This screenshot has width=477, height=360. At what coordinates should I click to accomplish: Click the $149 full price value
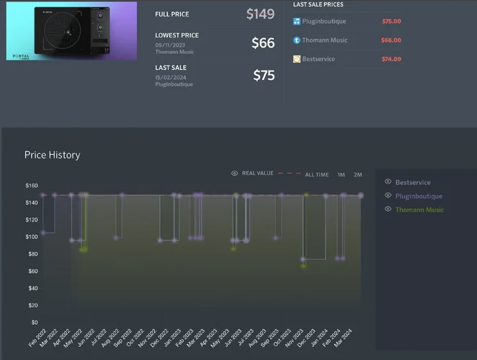tap(260, 14)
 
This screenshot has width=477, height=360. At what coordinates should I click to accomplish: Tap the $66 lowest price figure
tap(263, 43)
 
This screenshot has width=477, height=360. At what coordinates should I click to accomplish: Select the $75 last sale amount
tap(264, 75)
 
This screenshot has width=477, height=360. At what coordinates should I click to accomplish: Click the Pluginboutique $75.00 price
tap(391, 22)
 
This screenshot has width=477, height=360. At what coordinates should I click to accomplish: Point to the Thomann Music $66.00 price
tap(391, 40)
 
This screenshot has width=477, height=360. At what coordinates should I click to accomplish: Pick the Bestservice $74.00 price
tap(391, 59)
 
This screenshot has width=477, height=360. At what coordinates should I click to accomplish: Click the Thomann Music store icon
tap(297, 40)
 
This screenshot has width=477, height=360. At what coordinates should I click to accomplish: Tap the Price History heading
tap(52, 155)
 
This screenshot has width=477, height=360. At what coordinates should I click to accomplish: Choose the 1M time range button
tap(341, 174)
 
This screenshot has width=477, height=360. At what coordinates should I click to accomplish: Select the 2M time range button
tap(357, 174)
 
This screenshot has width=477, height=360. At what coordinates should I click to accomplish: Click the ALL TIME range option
tap(316, 174)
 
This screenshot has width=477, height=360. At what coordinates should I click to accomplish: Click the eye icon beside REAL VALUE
tap(235, 174)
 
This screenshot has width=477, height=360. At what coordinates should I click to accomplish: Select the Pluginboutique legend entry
tap(419, 196)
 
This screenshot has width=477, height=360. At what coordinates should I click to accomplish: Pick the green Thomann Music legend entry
tap(419, 210)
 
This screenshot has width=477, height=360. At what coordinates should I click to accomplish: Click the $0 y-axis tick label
tap(34, 323)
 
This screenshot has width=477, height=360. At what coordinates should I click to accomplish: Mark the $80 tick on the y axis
tap(32, 254)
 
